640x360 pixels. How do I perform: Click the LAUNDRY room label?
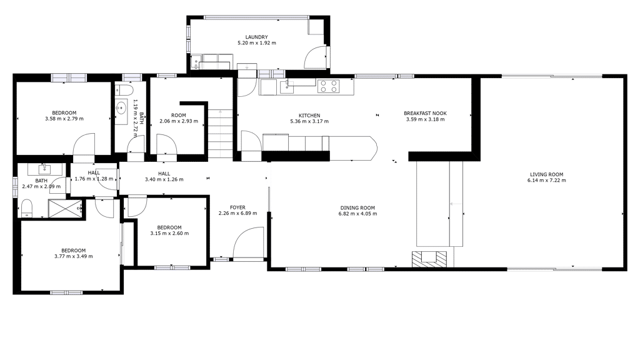256,37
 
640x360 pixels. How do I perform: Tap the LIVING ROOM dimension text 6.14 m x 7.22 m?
546,181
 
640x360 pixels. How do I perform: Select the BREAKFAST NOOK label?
425,114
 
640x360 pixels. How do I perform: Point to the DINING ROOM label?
357,207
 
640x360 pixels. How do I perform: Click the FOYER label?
237,207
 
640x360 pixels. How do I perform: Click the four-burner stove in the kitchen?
329,86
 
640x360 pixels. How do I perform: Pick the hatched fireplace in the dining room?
429,259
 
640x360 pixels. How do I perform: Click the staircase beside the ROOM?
221,134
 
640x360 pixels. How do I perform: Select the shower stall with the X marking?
65,208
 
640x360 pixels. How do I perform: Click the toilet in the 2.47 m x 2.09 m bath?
26,207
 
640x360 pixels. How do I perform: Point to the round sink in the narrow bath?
121,108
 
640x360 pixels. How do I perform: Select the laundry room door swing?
315,57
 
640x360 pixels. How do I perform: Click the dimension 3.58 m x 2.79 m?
64,119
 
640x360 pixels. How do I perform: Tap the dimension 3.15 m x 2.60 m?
169,234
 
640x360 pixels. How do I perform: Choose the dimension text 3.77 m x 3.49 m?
74,257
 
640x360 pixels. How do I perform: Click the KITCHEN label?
309,116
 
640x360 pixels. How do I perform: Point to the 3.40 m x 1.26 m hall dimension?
164,179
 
